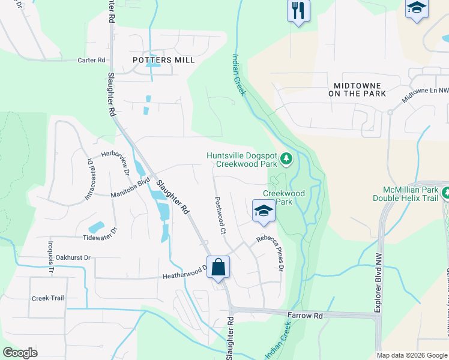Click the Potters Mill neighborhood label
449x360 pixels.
[x=163, y=61]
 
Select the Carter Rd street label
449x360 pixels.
[x=91, y=61]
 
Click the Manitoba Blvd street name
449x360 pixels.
[x=130, y=188]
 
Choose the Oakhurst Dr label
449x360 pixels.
[x=70, y=257]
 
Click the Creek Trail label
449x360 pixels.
[x=47, y=298]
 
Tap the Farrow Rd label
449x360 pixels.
[x=305, y=315]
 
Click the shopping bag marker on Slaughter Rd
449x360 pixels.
[x=218, y=267]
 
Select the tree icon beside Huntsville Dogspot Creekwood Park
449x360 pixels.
[x=287, y=159]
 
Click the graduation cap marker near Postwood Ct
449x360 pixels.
[x=262, y=211]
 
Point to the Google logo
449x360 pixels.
[x=20, y=353]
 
